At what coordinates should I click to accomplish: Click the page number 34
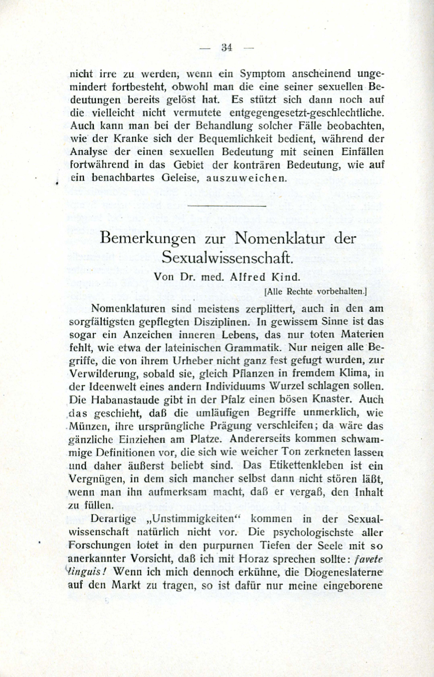[x=227, y=48]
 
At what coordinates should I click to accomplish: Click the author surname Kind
[x=288, y=277]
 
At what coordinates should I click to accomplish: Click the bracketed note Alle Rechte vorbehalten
[x=316, y=292]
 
